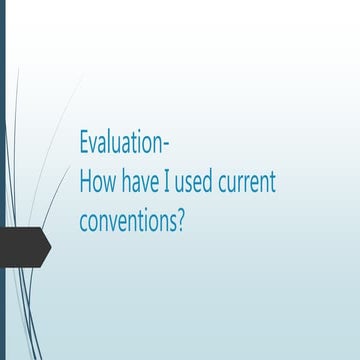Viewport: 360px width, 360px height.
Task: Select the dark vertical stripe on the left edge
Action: [x=2, y=180]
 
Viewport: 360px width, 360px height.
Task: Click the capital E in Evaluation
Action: [x=84, y=143]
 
